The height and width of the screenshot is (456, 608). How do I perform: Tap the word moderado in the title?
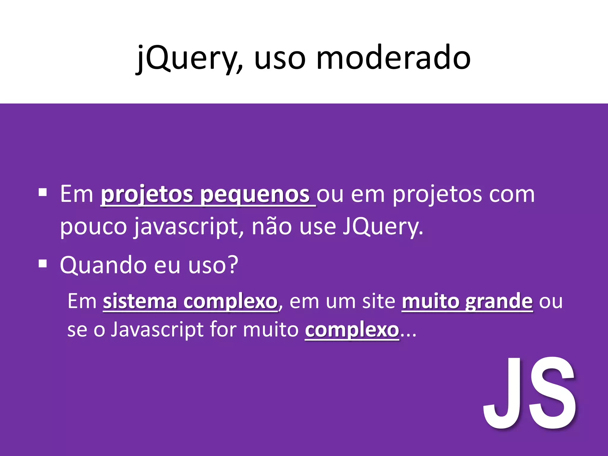coord(393,58)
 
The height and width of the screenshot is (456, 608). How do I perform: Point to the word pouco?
coord(93,227)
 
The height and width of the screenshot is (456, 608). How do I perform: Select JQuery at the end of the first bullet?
coord(383,227)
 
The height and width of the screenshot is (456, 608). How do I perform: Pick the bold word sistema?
coord(140,301)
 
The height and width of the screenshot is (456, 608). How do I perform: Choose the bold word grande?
coord(499,301)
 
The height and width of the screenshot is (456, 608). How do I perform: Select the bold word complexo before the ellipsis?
coord(352,330)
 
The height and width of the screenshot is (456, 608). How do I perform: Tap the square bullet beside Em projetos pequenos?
coord(43,193)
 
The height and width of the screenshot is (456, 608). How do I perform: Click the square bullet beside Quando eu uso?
coord(43,263)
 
